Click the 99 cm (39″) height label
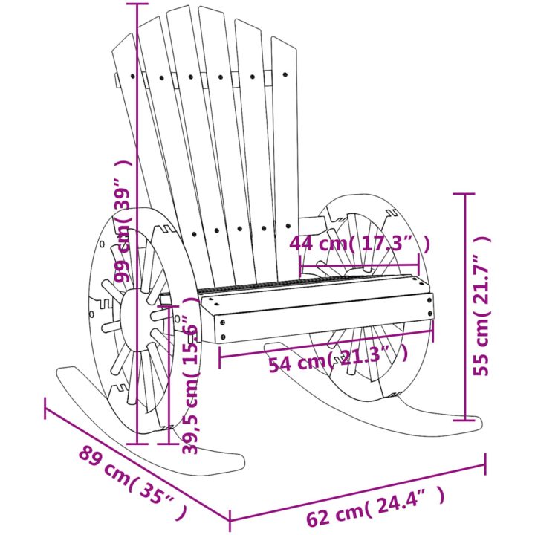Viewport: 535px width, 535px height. (123, 221)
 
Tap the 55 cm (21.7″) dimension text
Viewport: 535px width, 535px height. (482, 306)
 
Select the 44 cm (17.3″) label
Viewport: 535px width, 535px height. (360, 244)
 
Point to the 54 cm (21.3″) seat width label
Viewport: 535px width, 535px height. (338, 359)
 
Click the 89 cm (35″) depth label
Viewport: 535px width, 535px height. (133, 487)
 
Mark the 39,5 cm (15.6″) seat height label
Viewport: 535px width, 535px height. (190, 375)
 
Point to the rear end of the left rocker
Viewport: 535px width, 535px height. (59, 372)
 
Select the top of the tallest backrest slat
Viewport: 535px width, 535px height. (181, 8)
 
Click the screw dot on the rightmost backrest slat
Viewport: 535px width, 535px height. (285, 74)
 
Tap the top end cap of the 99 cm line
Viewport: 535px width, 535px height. (137, 4)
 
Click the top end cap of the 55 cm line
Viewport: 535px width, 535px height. (464, 193)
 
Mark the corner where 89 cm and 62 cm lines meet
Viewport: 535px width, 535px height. (230, 521)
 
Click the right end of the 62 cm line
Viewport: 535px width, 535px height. (484, 464)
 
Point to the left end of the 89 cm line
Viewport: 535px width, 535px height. (45, 409)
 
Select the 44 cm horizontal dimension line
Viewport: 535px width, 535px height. (359, 265)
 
